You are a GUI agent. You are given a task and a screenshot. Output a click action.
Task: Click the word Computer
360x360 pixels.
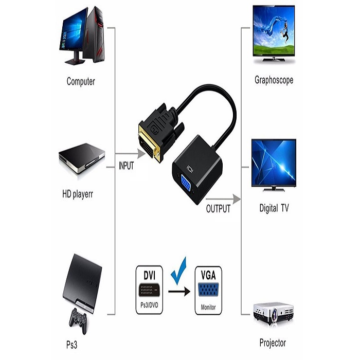pos(81,81)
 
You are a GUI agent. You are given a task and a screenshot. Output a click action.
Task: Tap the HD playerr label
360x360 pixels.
pos(78,194)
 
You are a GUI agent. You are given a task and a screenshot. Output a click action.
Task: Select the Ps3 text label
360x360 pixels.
pos(71,345)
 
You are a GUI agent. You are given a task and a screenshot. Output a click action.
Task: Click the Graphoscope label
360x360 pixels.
pos(274,80)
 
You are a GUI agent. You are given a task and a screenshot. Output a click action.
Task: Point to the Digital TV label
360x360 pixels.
pos(274,208)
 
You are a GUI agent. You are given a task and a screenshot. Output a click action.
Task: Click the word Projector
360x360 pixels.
pos(273,343)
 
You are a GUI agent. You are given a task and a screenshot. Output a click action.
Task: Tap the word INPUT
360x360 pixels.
pos(127,166)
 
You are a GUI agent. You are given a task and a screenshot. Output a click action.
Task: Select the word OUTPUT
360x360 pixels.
pos(218,209)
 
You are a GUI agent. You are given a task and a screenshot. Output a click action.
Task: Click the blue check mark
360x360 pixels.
pos(179,271)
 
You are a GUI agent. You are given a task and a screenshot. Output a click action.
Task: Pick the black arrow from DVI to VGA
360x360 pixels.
pos(179,292)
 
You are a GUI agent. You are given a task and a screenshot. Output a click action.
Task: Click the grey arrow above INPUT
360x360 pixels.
pos(131,153)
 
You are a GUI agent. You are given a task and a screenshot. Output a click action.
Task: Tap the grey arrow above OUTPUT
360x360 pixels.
pos(223,199)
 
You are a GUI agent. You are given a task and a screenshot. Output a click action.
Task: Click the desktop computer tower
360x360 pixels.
pos(94,34)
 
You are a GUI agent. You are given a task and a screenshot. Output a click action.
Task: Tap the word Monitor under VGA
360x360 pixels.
pos(208,307)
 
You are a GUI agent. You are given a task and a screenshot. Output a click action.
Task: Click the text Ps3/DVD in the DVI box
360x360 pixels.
pos(149,305)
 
